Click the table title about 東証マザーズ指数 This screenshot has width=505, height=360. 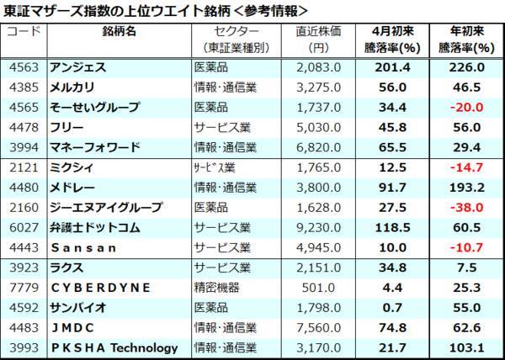[156, 10]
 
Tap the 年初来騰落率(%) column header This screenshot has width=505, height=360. [465, 40]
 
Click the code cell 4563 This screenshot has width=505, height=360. [23, 66]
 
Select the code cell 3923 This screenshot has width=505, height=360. [23, 267]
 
